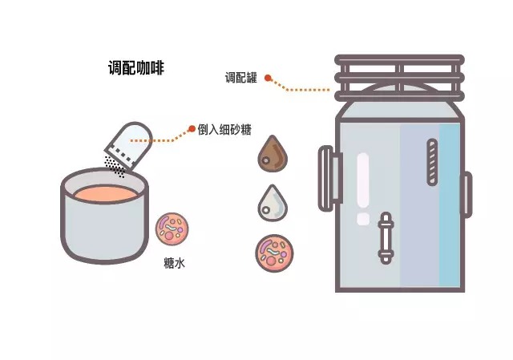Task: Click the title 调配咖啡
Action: [135, 67]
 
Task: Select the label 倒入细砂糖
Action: [227, 129]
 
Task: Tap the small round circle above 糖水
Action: [172, 229]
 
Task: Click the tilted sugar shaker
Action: [129, 144]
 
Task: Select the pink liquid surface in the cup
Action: [105, 192]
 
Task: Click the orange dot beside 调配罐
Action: [269, 79]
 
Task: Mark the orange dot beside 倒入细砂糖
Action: [192, 128]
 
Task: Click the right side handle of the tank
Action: [466, 194]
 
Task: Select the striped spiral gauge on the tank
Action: [432, 164]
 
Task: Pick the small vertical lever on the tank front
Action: [386, 238]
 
